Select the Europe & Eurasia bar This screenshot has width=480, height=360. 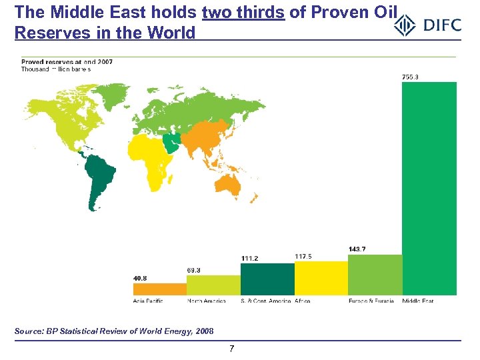point(375,275)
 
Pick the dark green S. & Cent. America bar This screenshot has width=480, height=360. point(267,279)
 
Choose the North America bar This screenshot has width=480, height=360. point(213,285)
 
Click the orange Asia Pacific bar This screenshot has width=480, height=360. point(160,289)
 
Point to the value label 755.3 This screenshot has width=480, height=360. point(411,77)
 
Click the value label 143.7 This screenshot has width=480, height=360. point(357,249)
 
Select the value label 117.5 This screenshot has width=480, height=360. point(303,256)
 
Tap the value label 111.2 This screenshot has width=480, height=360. point(249,258)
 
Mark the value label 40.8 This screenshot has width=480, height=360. point(141,279)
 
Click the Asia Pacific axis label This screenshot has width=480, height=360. point(148,301)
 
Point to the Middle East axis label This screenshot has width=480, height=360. point(418,301)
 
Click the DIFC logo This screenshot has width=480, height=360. point(427,25)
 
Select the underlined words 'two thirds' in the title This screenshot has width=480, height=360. point(243,12)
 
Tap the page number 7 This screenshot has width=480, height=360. point(231,349)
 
